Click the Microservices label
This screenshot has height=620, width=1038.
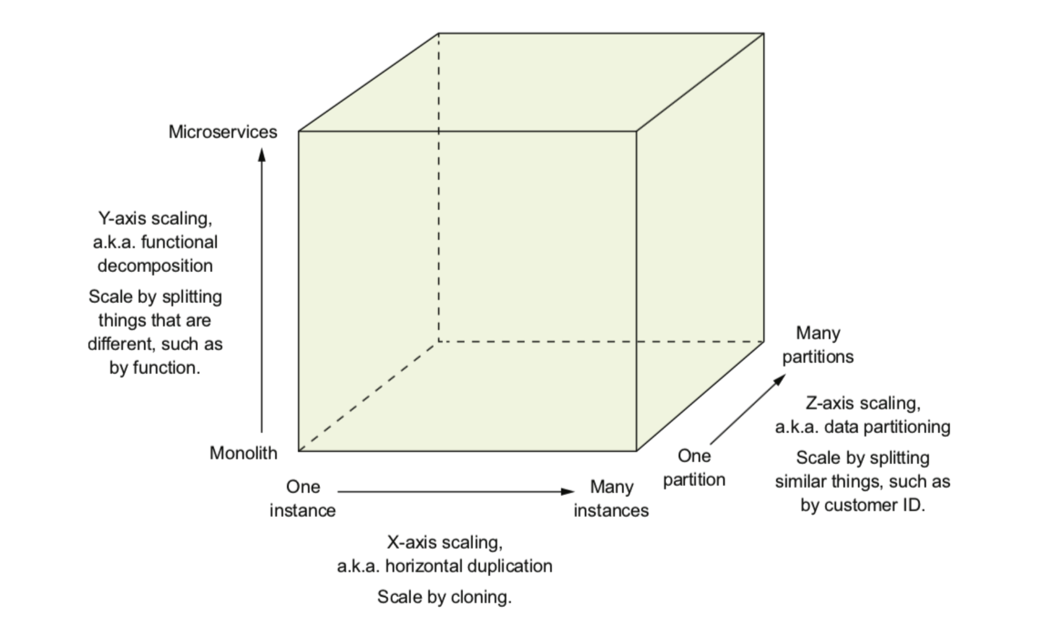pos(222,132)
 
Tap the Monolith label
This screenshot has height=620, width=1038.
pos(243,453)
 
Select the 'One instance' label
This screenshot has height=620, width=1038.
pos(302,499)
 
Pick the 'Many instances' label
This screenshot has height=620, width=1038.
pos(611,499)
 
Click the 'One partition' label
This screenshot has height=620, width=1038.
pos(694,468)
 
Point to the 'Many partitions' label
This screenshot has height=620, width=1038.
pos(818,344)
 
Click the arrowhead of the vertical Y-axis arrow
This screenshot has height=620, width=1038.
pos(262,154)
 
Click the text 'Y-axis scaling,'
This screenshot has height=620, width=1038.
pos(155,218)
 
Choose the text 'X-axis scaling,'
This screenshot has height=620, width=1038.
pos(444,542)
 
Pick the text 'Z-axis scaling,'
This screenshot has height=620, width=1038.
pos(863,403)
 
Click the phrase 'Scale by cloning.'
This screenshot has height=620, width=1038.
pos(444,597)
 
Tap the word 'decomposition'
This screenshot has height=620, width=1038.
pos(155,266)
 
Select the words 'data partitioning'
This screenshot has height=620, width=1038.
pos(887,427)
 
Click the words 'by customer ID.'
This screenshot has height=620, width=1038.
pos(863,505)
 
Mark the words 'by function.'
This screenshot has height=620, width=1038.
pos(155,368)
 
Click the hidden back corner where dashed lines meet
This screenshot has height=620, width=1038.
pos(438,342)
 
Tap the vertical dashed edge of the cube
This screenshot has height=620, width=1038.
pos(438,187)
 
